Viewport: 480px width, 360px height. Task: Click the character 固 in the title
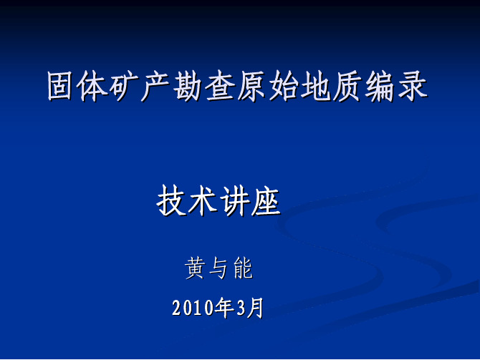[x=61, y=86]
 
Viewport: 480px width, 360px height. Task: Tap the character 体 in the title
[x=92, y=86]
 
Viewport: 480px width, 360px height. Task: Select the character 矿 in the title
[x=124, y=86]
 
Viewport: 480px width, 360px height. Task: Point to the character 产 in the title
[x=155, y=86]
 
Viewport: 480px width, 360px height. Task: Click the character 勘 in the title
[x=188, y=86]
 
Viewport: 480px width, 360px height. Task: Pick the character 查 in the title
[x=219, y=86]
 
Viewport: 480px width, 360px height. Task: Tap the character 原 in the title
[x=251, y=86]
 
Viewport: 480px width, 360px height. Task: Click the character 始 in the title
[x=284, y=86]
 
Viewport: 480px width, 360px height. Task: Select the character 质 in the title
[x=347, y=86]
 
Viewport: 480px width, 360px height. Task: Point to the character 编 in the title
[x=380, y=86]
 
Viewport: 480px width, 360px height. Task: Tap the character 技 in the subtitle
[x=171, y=201]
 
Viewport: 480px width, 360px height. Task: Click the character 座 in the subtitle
[x=266, y=201]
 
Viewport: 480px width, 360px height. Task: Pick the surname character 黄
[x=195, y=268]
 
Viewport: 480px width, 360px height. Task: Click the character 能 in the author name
[x=243, y=268]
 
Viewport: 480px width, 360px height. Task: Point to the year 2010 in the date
[x=193, y=308]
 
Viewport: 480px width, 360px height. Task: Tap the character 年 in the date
[x=224, y=308]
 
